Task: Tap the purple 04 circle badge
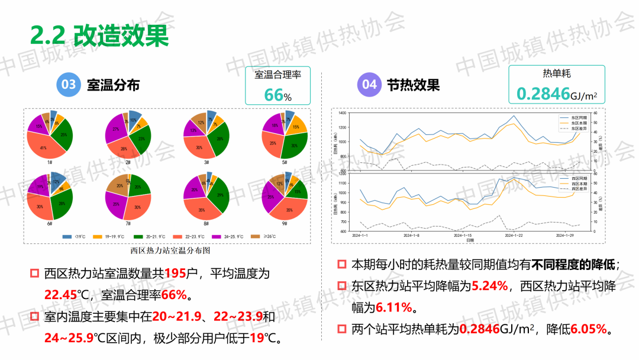[369, 85]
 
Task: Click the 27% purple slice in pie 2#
[116, 128]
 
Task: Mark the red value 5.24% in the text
[490, 286]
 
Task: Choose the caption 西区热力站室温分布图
[170, 250]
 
